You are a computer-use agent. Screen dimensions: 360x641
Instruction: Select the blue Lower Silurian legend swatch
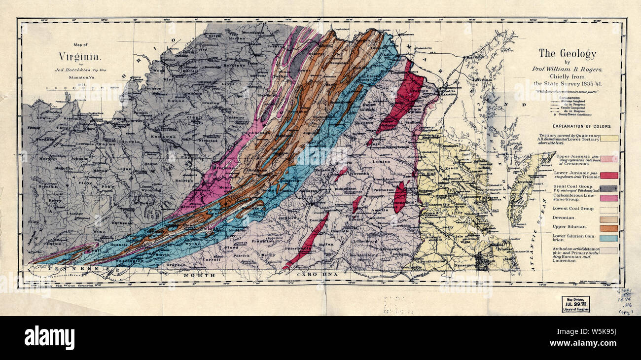(609, 239)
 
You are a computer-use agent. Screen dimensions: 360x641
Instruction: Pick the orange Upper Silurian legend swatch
(609, 228)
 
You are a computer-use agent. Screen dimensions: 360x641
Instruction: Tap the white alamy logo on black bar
(49, 338)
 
